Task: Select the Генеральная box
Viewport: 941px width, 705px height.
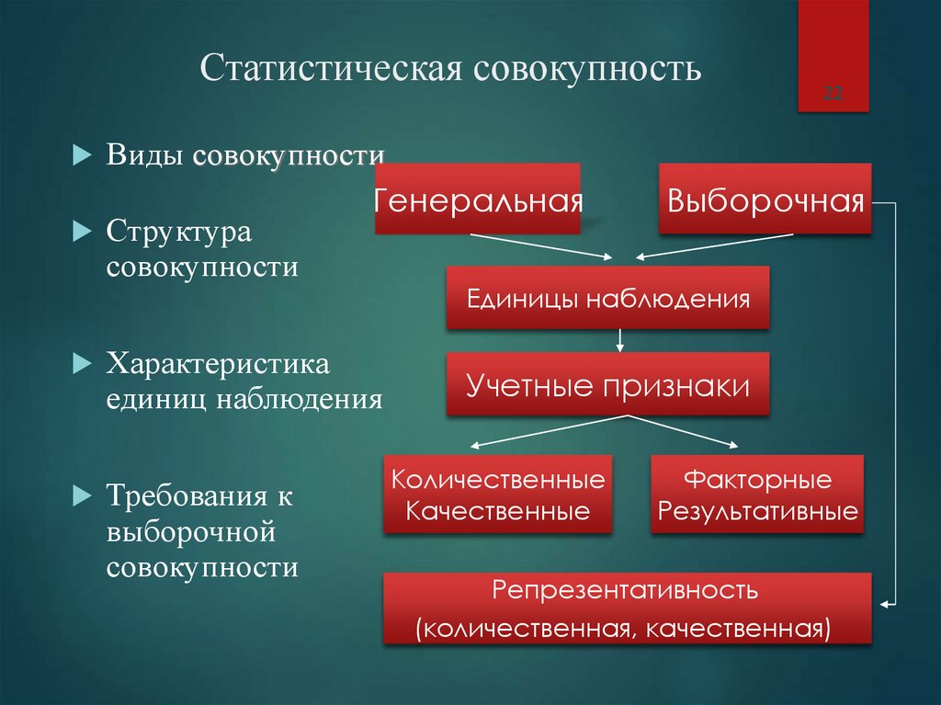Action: click(x=478, y=199)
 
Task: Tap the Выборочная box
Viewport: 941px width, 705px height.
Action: click(x=765, y=199)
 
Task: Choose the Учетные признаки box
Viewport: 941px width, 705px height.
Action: click(x=607, y=385)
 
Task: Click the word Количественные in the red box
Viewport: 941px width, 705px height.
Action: click(x=498, y=480)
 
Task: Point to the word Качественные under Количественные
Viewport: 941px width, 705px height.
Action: click(x=498, y=511)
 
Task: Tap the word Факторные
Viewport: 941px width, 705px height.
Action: click(x=758, y=480)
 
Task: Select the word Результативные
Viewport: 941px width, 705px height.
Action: click(x=758, y=511)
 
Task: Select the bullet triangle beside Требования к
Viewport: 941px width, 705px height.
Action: click(x=80, y=496)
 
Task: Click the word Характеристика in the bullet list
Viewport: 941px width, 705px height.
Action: click(x=218, y=362)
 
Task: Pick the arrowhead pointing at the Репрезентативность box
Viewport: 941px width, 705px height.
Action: click(x=886, y=604)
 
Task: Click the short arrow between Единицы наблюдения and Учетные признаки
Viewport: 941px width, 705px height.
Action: click(x=620, y=340)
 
